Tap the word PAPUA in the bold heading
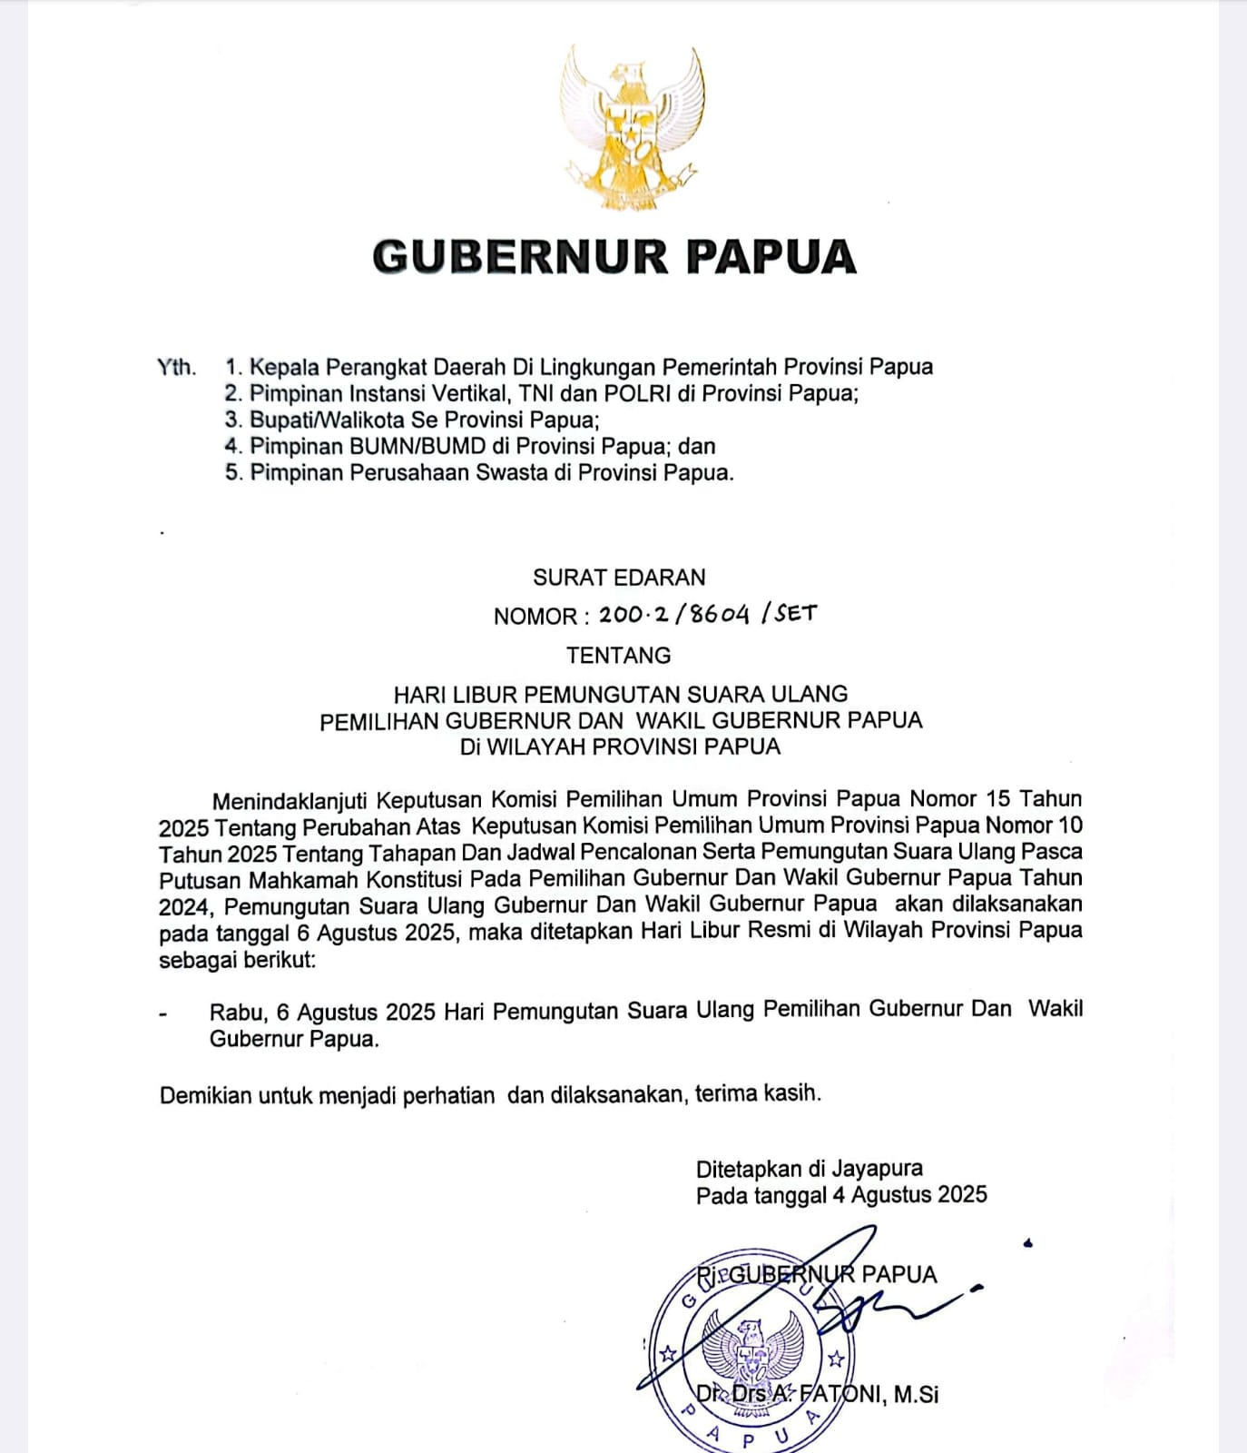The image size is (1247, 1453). [x=771, y=257]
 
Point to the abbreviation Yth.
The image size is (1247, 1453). [x=176, y=367]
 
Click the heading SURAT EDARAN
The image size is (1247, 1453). [x=619, y=578]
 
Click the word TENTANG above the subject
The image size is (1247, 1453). [x=619, y=655]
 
